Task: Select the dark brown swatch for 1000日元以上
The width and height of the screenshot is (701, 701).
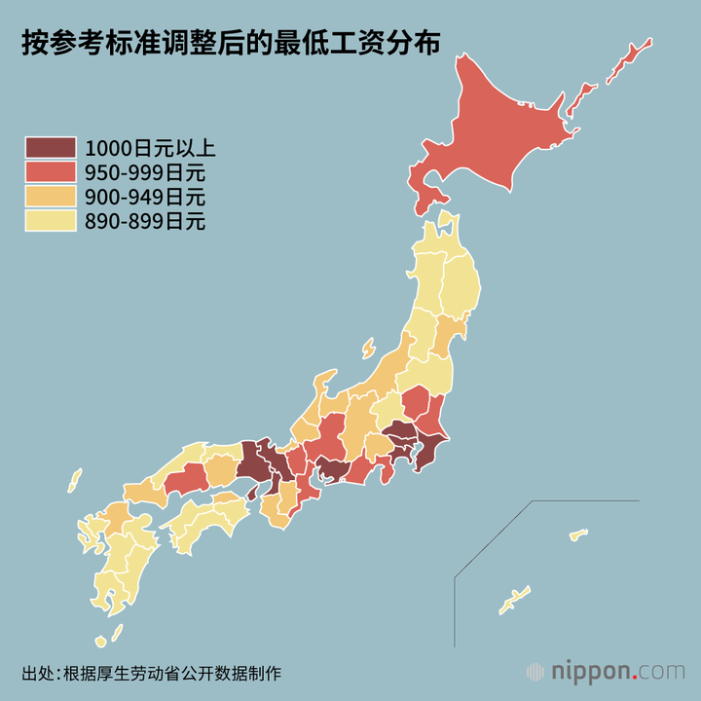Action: [50, 149]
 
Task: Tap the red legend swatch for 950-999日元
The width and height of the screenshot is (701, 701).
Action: [50, 173]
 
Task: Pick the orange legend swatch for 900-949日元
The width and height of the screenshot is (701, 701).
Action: [50, 198]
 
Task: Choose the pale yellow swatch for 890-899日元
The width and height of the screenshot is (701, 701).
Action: [50, 222]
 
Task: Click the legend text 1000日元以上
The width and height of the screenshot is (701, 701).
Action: [150, 149]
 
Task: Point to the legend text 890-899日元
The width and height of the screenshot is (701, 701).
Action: [145, 222]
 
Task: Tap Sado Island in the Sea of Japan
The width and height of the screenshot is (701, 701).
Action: [367, 348]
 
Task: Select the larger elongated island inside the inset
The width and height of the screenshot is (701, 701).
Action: [514, 600]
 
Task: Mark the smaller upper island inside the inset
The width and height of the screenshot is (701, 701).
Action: [578, 534]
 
